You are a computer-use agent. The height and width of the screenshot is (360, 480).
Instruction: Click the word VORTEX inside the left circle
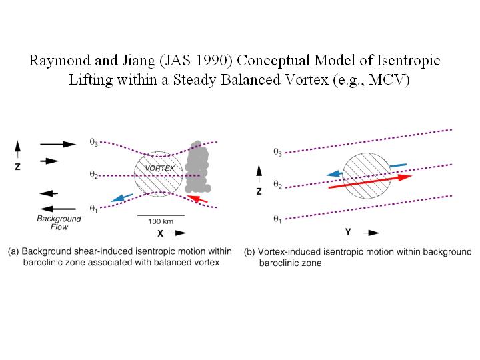click(x=159, y=168)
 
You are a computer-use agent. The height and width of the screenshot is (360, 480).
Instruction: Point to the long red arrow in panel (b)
click(x=371, y=182)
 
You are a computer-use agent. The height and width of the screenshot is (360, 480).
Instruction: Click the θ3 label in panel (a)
click(x=94, y=142)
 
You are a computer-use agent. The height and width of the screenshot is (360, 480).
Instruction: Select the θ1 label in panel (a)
click(x=94, y=209)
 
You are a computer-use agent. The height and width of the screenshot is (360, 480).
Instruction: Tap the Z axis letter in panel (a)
click(x=18, y=167)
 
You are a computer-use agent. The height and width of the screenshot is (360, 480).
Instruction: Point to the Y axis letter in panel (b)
click(x=348, y=233)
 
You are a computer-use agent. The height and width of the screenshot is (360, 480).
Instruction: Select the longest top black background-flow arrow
click(x=59, y=143)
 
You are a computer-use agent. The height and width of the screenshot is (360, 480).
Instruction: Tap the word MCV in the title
click(x=393, y=79)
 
